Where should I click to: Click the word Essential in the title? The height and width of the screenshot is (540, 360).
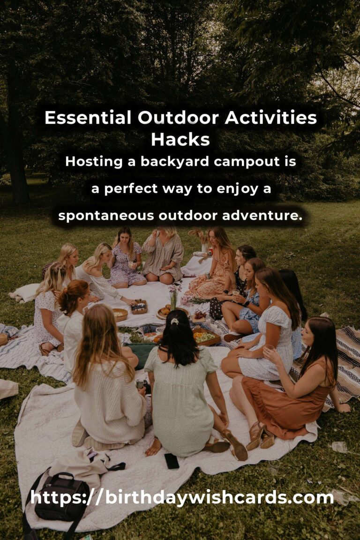88,118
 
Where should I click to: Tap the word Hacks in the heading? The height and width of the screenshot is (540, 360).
180,139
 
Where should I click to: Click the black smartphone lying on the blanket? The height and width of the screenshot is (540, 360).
172,461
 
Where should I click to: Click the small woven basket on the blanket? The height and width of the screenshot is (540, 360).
139,307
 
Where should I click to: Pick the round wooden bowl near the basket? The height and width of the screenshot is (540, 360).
120,315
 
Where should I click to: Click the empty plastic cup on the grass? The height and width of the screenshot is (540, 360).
338,447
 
